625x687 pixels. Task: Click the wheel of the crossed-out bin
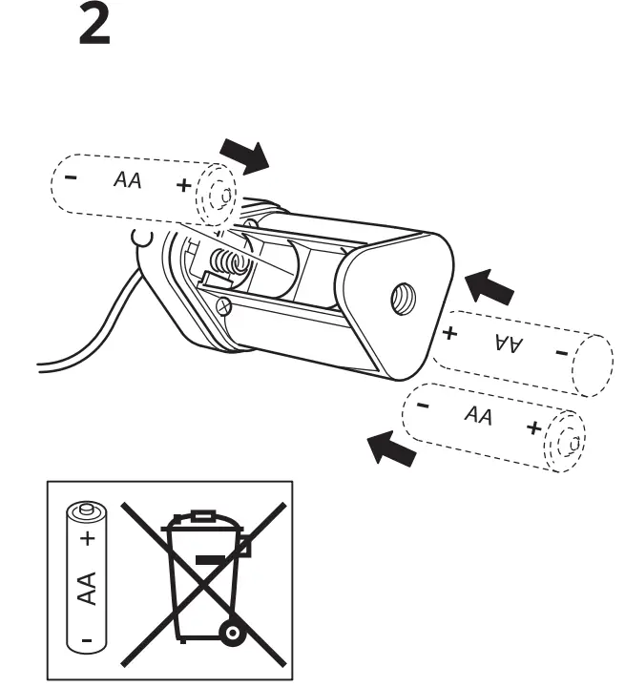231,633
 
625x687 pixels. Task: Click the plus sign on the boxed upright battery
88,540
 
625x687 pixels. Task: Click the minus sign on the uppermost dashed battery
71,177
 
